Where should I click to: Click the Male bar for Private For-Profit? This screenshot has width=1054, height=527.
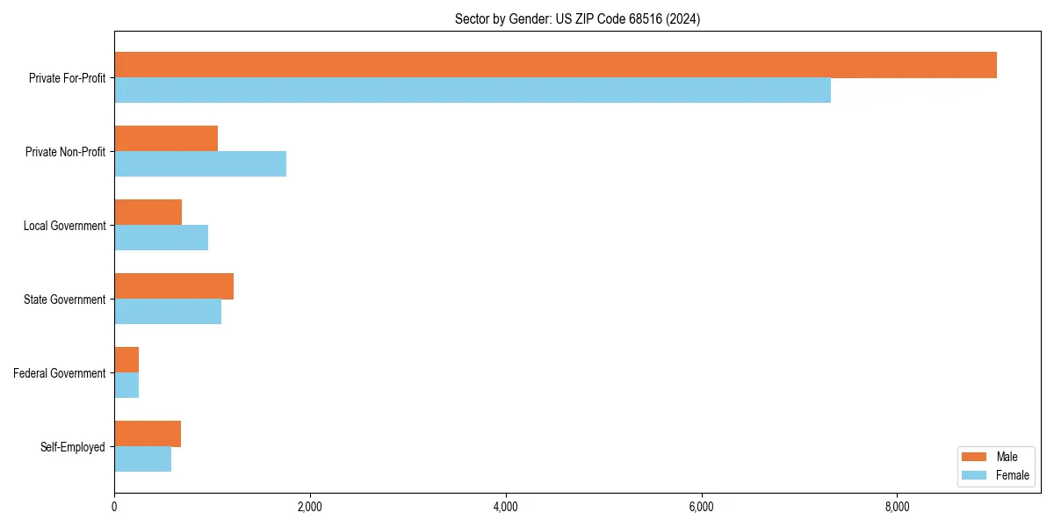[555, 65]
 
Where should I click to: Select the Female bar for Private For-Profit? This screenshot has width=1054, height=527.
[473, 90]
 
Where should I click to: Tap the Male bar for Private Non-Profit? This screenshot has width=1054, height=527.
[166, 139]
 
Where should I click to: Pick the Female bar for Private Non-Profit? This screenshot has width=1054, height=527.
[200, 164]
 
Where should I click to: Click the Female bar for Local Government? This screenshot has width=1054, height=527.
[161, 238]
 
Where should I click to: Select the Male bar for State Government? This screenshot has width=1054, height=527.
[174, 286]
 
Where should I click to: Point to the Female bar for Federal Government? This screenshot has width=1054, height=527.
[126, 386]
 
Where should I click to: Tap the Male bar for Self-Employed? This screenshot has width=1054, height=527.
[148, 434]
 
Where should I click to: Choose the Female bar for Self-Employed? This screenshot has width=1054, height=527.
[142, 459]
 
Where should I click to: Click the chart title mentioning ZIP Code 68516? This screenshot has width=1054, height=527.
[577, 18]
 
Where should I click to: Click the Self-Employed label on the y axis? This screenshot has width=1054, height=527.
[73, 447]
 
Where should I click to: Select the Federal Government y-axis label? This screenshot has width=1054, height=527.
[60, 373]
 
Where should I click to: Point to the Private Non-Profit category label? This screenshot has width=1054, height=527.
[65, 152]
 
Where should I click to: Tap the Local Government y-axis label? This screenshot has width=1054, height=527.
[64, 226]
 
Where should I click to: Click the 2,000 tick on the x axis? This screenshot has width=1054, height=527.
[310, 507]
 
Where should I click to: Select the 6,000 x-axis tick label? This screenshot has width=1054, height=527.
[701, 507]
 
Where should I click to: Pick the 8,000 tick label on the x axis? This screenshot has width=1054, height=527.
[897, 507]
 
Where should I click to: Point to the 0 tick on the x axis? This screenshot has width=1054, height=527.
[114, 507]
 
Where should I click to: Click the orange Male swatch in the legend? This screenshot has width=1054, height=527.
[975, 457]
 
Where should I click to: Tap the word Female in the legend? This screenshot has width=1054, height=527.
[1013, 475]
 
